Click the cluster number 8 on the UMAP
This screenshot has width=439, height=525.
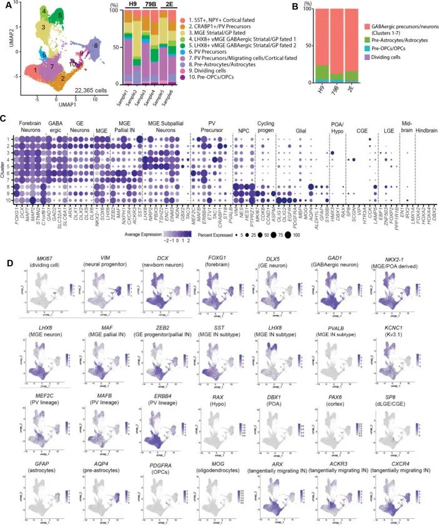click(96, 46)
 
